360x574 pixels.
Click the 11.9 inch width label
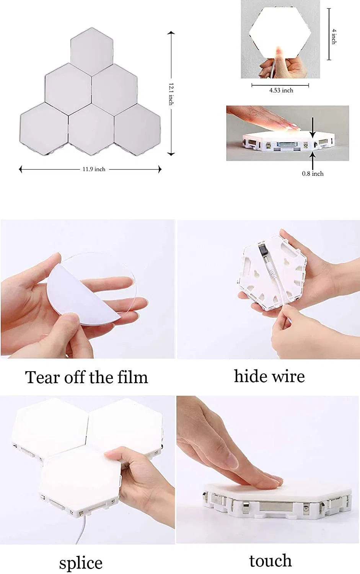(x=94, y=169)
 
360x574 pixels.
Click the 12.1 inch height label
(x=171, y=94)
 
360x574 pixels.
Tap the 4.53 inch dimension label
(x=281, y=90)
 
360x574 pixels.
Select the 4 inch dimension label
(x=334, y=36)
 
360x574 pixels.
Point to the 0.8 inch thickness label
(x=313, y=174)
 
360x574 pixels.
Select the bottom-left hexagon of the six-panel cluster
(x=43, y=126)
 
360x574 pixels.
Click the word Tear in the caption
(x=42, y=377)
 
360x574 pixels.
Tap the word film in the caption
(x=132, y=377)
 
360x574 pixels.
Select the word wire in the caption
(x=289, y=377)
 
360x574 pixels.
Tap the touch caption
(x=270, y=561)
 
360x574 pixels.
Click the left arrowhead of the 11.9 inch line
(x=21, y=169)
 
